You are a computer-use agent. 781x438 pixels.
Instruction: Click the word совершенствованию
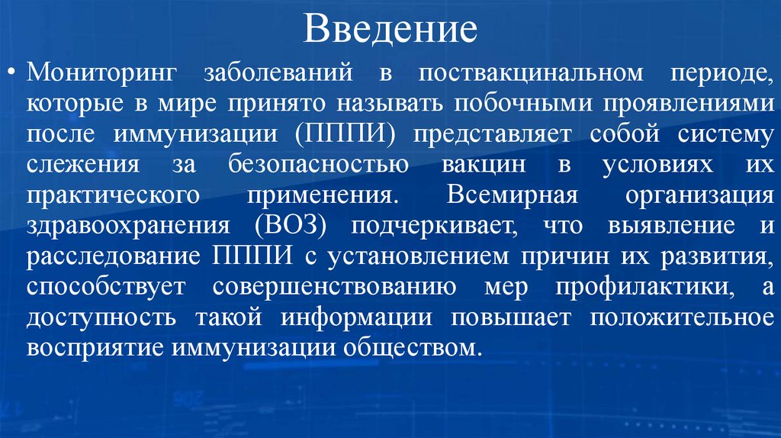336,288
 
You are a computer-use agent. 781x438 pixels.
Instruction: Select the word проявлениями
676,105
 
